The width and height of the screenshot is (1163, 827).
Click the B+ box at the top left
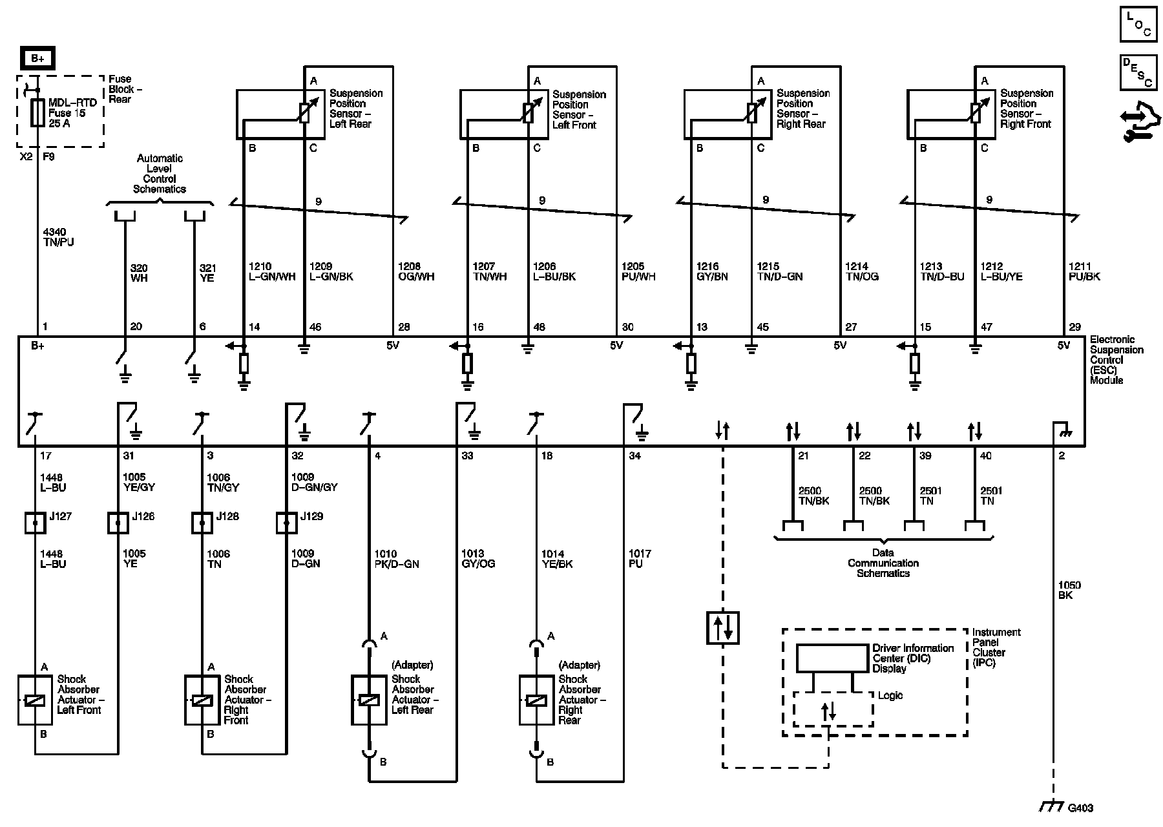[x=37, y=59]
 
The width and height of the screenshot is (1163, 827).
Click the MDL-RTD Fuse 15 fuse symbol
[x=37, y=113]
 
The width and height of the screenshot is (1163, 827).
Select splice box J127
[x=35, y=523]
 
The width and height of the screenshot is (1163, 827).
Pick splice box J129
[x=286, y=523]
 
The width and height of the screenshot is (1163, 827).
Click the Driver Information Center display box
[x=832, y=658]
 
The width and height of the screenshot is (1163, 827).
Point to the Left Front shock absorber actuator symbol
[x=35, y=700]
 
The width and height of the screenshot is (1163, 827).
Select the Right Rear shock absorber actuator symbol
[x=536, y=700]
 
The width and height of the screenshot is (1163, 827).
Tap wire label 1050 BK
[x=1069, y=590]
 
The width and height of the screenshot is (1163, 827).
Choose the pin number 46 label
[x=315, y=328]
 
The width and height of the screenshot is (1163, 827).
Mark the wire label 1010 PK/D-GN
[x=397, y=559]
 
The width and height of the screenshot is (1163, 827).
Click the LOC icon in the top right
[x=1138, y=25]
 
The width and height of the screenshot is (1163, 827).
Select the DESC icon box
[x=1138, y=72]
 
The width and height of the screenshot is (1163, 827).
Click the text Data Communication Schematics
[x=883, y=563]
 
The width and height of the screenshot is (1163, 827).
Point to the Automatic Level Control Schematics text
[x=160, y=174]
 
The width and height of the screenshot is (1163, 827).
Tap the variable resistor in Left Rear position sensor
[x=305, y=112]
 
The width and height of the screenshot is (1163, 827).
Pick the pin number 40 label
[x=986, y=456]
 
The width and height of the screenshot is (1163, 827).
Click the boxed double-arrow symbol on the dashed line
[x=722, y=627]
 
